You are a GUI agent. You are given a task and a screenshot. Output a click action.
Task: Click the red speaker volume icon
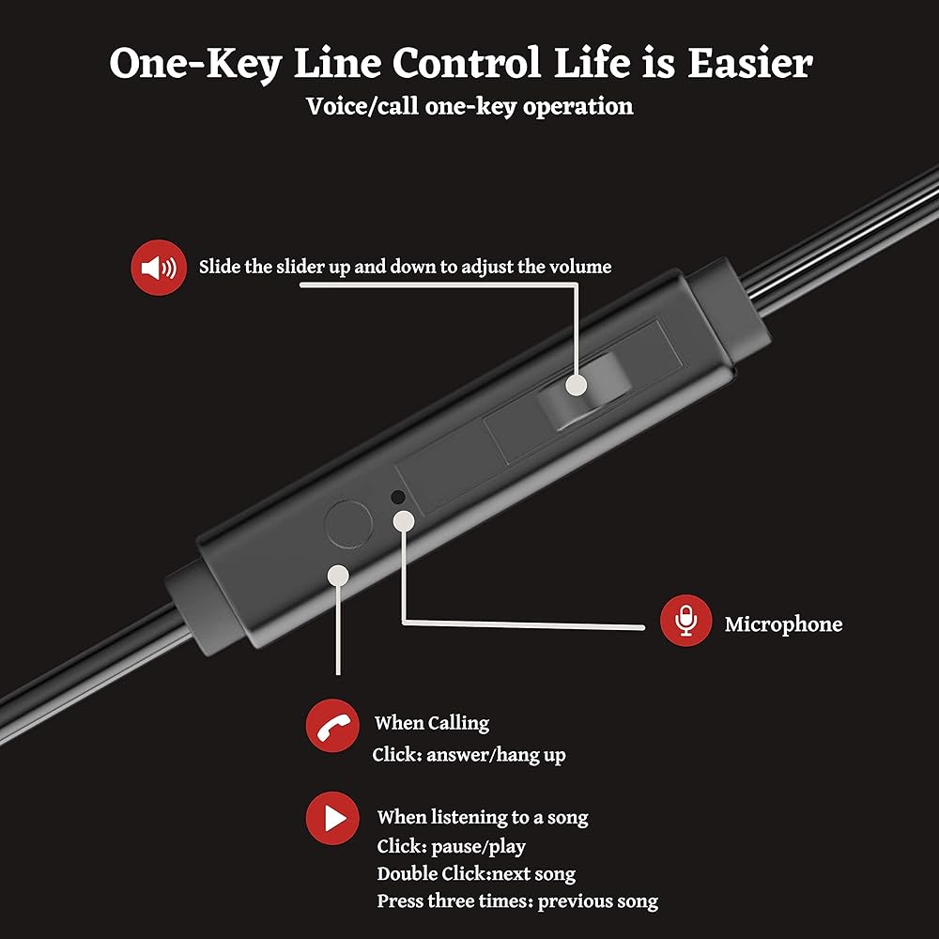[x=157, y=268]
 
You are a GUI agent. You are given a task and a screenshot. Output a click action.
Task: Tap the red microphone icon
[x=685, y=621]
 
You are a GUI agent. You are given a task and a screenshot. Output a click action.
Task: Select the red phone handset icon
[x=332, y=726]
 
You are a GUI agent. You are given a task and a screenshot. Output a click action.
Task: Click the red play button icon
[x=332, y=819]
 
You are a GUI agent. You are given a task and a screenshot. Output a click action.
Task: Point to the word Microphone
[x=783, y=624]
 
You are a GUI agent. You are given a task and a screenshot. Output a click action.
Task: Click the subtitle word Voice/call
[x=362, y=106]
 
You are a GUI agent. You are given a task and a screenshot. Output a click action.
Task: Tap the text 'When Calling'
[x=431, y=723]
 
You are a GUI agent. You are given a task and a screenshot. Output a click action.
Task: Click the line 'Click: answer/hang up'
[x=469, y=754]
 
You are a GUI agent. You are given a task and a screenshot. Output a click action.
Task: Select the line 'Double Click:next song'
[x=476, y=873]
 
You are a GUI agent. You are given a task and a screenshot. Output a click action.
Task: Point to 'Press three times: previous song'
[x=517, y=901]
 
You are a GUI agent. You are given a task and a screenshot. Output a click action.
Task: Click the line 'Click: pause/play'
[x=451, y=846]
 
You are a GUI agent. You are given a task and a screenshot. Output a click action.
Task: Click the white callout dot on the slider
[x=577, y=385]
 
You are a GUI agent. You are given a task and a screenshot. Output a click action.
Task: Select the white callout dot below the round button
[x=338, y=574]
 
